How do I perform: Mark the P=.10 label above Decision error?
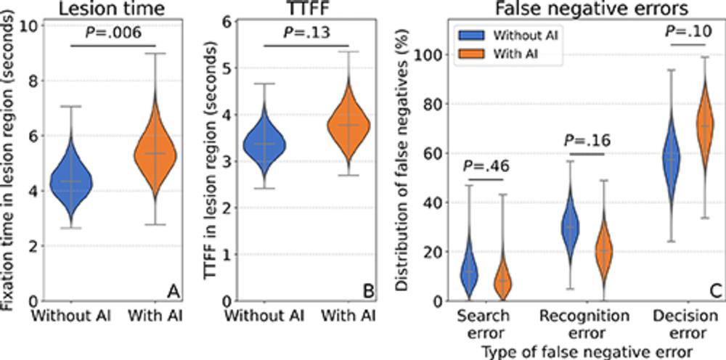pos(686,32)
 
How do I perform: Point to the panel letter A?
pos(174,291)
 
